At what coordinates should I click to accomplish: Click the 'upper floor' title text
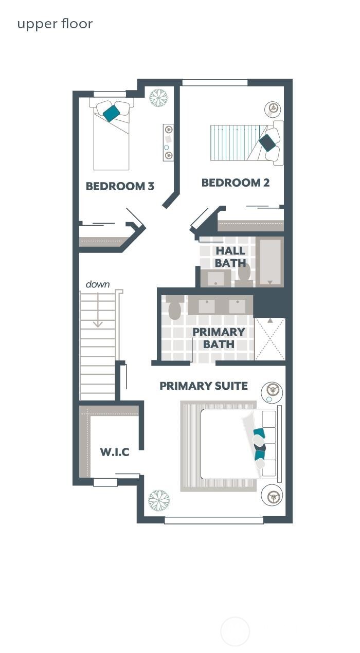tap(55, 24)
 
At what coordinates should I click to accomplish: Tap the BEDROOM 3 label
tap(120, 186)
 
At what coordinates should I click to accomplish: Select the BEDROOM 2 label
tap(236, 183)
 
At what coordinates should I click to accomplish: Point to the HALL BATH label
tap(230, 257)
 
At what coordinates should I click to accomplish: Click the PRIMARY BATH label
tap(219, 338)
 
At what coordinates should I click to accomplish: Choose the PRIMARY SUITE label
tap(204, 386)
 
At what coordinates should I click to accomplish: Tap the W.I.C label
tap(115, 452)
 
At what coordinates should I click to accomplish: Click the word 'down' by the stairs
tap(97, 284)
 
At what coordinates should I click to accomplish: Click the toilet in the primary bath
tap(174, 308)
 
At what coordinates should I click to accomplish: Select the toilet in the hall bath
tap(244, 272)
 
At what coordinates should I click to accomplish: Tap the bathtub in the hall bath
tap(270, 262)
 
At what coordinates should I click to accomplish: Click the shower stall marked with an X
tap(270, 339)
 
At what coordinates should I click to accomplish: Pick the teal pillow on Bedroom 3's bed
tap(111, 113)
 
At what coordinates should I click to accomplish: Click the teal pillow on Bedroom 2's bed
tap(267, 142)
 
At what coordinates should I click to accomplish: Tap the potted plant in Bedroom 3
tap(158, 98)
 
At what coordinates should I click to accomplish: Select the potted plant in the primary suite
tap(159, 499)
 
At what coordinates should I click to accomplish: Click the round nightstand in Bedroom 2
tap(273, 109)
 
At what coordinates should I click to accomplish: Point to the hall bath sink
tap(215, 278)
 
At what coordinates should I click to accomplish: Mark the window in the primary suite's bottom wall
tap(214, 520)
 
